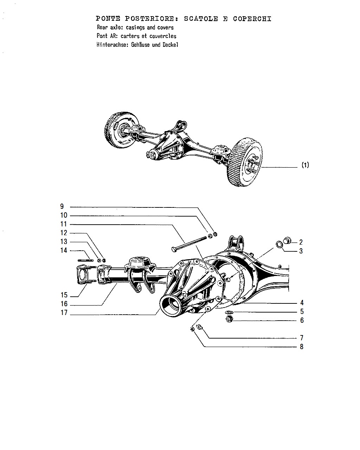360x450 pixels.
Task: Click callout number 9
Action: coord(62,206)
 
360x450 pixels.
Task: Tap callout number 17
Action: coord(64,313)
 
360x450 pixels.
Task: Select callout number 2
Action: coord(301,242)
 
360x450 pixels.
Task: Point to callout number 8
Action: coord(301,347)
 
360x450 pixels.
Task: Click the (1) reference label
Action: coord(305,165)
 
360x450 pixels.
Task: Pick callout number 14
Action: coord(64,250)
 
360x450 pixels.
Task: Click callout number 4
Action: coord(302,303)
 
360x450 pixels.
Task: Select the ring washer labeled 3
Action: coord(279,244)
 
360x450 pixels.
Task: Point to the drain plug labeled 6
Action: coord(230,320)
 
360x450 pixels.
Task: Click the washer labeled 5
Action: coord(229,313)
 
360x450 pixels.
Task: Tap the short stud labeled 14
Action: coord(85,261)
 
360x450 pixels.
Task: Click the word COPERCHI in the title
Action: coord(252,19)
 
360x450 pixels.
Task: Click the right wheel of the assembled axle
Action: coord(245,162)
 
